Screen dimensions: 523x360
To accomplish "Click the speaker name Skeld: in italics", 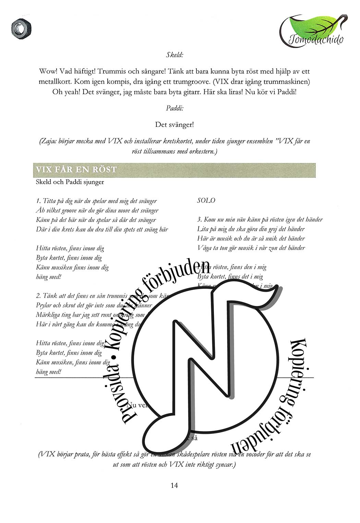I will [x=174, y=55].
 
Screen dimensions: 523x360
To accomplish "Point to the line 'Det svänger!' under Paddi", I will [x=175, y=124].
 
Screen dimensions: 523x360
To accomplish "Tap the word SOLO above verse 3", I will [x=206, y=201].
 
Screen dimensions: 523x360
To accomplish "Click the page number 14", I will [x=174, y=485].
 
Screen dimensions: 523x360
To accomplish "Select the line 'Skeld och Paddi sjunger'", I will [x=70, y=182].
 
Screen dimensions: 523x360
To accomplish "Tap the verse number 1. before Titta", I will [x=38, y=201].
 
